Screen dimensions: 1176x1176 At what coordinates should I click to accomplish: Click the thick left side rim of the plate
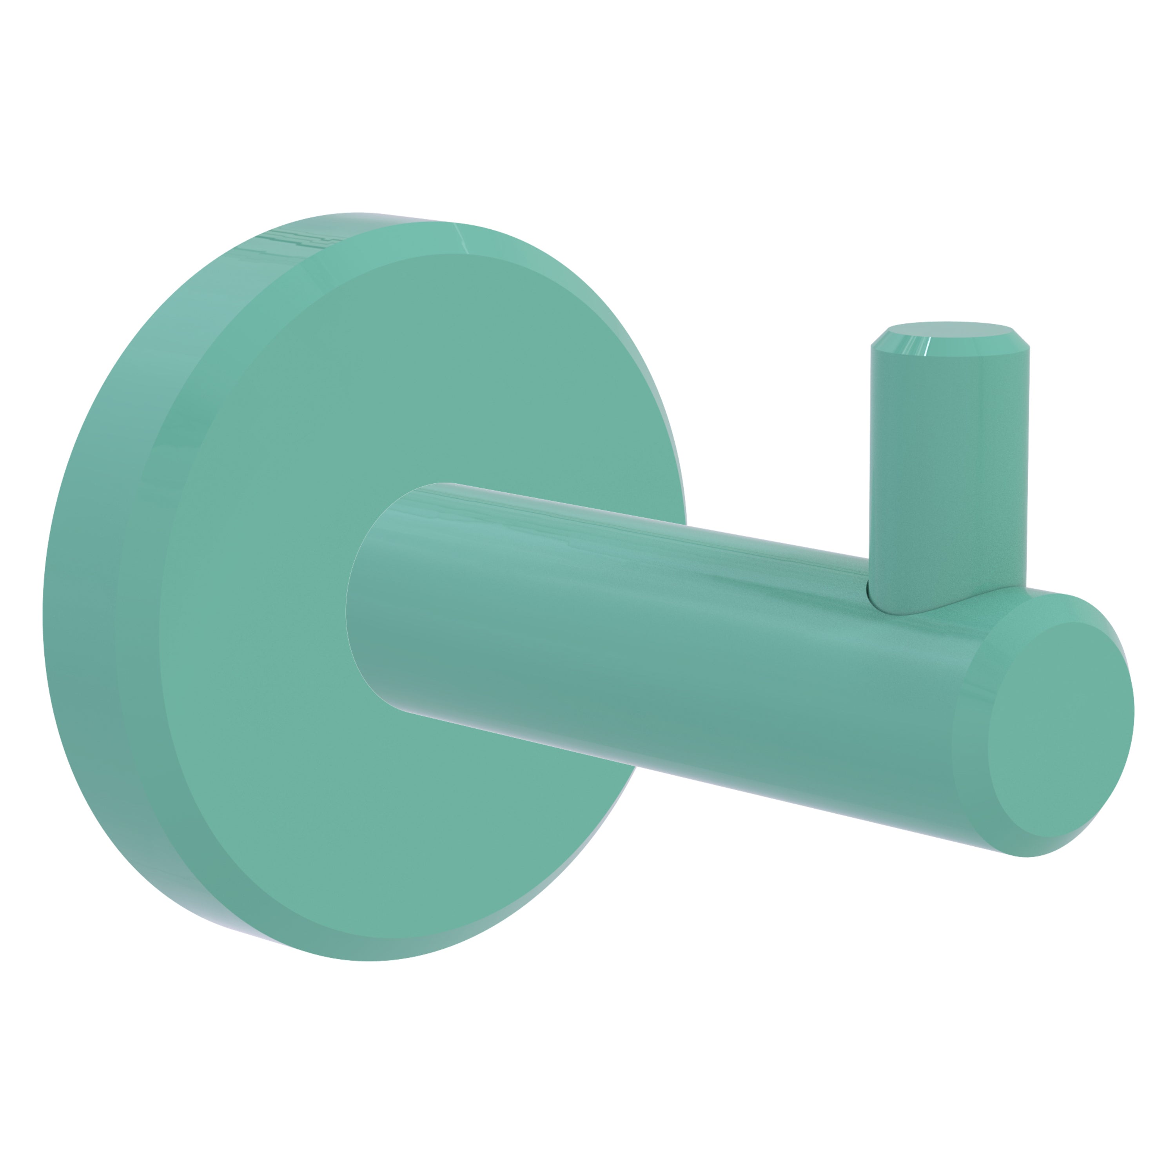click(79, 609)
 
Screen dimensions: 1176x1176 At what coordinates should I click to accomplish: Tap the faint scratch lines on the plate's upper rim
click(292, 240)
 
